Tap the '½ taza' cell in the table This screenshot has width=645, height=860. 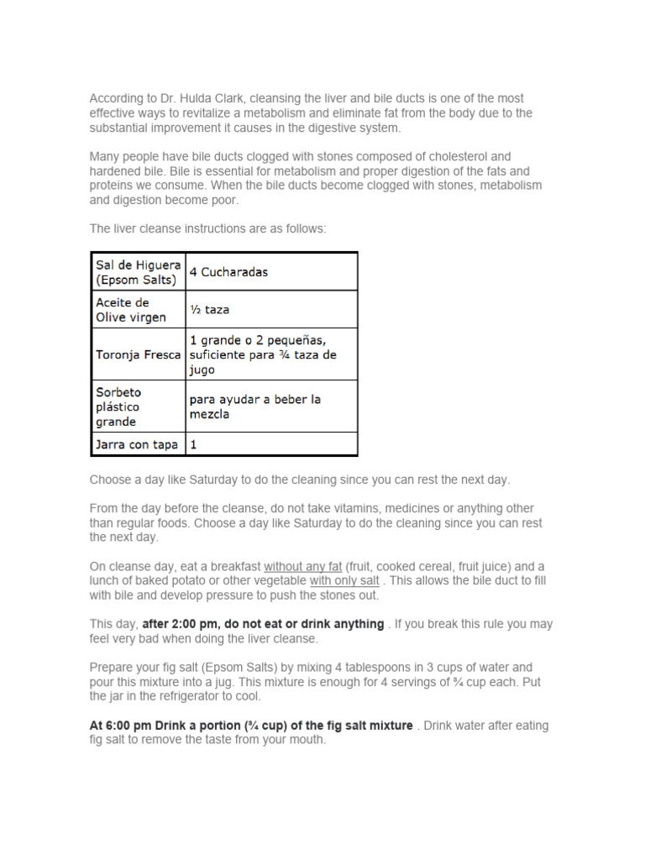[209, 309]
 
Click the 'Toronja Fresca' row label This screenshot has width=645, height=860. [137, 354]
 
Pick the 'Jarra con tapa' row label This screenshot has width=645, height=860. [137, 444]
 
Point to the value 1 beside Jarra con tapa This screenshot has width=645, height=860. [194, 444]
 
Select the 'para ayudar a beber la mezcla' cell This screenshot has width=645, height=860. [255, 406]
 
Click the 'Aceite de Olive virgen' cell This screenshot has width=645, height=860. [130, 309]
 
